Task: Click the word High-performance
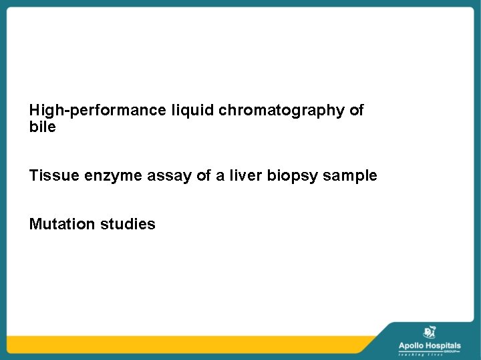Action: click(x=97, y=110)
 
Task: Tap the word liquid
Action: click(x=192, y=110)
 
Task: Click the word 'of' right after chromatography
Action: click(x=357, y=110)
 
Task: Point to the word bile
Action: click(x=43, y=127)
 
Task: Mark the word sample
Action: click(x=352, y=177)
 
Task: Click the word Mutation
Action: click(x=63, y=224)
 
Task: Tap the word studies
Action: click(x=128, y=224)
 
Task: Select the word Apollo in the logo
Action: click(x=413, y=345)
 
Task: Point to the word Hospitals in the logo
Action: click(x=444, y=345)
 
